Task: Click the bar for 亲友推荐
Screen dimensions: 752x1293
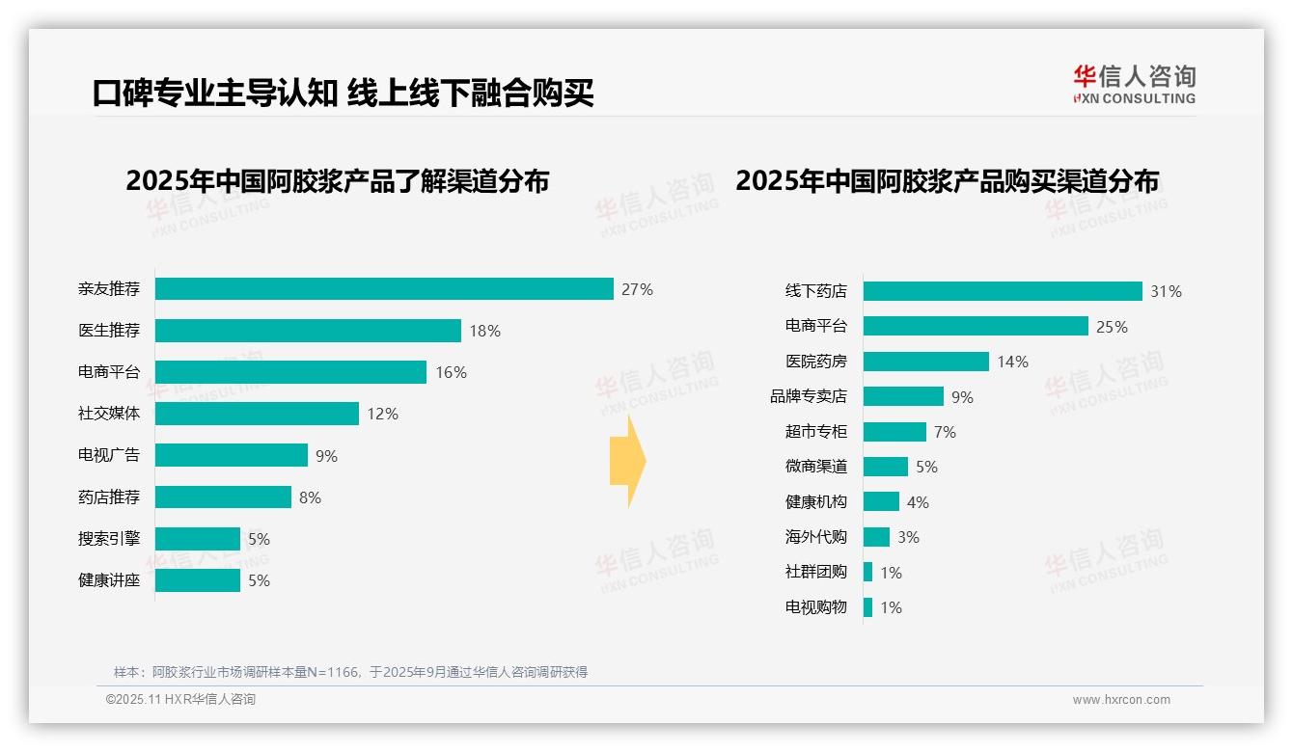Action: (x=384, y=289)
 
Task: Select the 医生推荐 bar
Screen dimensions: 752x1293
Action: (x=308, y=331)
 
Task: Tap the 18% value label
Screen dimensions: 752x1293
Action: (x=484, y=331)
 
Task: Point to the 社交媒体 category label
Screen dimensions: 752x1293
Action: (x=109, y=414)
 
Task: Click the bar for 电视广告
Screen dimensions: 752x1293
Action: (x=232, y=455)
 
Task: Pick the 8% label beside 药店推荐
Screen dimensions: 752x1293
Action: (x=310, y=497)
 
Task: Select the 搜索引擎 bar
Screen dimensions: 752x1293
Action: (x=198, y=539)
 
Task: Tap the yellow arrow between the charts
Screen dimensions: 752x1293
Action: (x=627, y=462)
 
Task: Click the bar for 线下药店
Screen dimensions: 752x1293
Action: (x=1003, y=291)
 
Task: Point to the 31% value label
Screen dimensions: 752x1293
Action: (x=1166, y=291)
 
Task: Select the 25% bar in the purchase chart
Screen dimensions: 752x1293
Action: (x=976, y=326)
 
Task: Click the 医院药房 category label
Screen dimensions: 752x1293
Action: (x=816, y=362)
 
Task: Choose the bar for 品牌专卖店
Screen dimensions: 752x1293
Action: (x=903, y=396)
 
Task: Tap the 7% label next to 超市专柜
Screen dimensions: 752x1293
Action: (x=945, y=432)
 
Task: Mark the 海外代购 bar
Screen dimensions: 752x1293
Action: (x=876, y=537)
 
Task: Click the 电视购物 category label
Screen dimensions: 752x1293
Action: (x=816, y=607)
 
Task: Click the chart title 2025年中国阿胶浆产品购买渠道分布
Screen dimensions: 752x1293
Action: (x=947, y=181)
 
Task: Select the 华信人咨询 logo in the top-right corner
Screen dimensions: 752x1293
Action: (x=1134, y=84)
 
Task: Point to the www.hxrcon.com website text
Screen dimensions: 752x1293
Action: (x=1121, y=699)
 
